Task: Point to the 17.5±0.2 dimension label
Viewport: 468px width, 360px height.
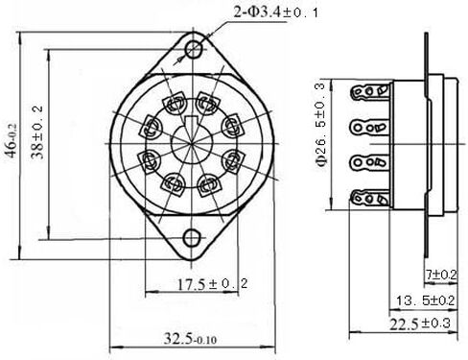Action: point(202,284)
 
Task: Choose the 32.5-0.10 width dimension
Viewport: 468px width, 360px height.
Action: point(188,339)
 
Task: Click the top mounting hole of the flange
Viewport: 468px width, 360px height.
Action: point(195,48)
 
